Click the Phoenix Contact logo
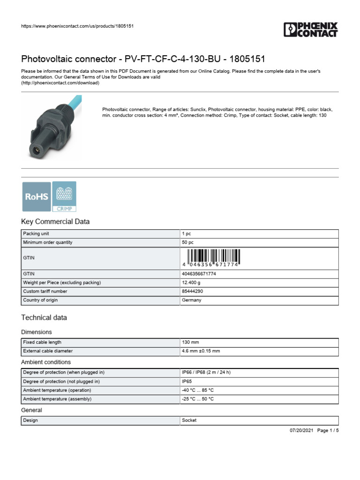click(310, 29)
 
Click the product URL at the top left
click(78, 26)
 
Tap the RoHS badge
click(37, 196)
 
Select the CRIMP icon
click(64, 196)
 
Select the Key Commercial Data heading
click(55, 222)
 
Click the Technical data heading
click(44, 317)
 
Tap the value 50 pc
click(187, 242)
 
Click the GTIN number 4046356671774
click(199, 273)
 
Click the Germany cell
click(191, 300)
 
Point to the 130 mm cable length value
click(190, 342)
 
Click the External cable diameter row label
click(48, 351)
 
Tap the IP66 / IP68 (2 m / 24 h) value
click(206, 372)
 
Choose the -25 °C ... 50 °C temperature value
click(197, 399)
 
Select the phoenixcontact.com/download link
click(60, 83)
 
